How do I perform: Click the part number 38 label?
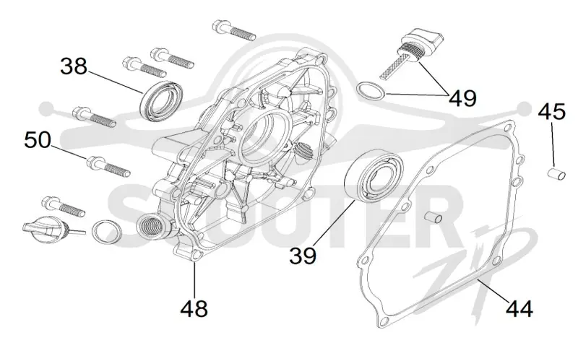(74, 66)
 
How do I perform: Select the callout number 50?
(38, 140)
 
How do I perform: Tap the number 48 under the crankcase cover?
(194, 309)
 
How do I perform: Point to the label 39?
(303, 256)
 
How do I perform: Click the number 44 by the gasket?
(519, 309)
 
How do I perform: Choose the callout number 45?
(551, 111)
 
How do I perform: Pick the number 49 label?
(462, 98)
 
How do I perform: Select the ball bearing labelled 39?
(374, 175)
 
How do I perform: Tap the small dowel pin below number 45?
(556, 173)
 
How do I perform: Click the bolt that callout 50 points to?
(108, 167)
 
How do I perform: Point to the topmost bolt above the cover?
(234, 30)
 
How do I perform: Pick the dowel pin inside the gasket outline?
(433, 217)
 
